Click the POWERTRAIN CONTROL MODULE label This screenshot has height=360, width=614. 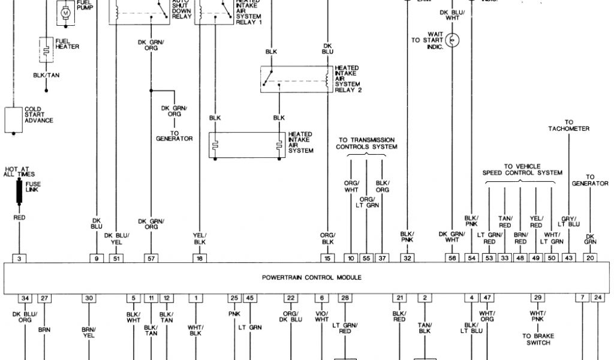coord(311,277)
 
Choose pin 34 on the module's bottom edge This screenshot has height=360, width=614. coord(25,298)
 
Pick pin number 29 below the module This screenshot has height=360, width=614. coord(538,298)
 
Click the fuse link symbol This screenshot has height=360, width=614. coord(19,191)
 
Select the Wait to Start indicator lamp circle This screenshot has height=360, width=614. coord(454,40)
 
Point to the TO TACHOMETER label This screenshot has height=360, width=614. coord(568,125)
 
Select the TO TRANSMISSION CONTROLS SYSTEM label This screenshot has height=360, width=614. coord(366,143)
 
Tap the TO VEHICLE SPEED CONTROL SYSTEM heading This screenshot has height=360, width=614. coord(522,169)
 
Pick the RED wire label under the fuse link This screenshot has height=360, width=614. coord(19,217)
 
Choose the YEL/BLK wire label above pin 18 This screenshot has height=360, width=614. coord(200,238)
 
